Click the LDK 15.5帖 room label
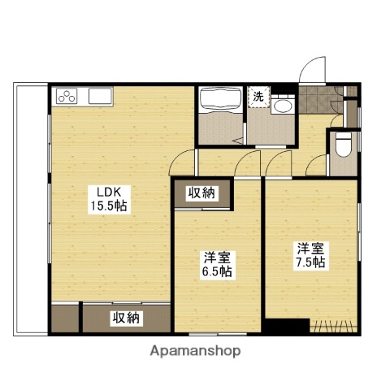point(110,199)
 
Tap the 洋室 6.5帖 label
point(217,265)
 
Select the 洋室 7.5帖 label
point(310,254)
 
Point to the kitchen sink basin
point(100,97)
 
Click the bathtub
point(219,101)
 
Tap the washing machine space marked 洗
point(258,96)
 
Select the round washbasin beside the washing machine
point(283,106)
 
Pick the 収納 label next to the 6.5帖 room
point(202,193)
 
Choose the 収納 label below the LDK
point(126,318)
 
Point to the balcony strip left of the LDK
point(30,207)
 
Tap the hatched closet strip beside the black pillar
point(335,327)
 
